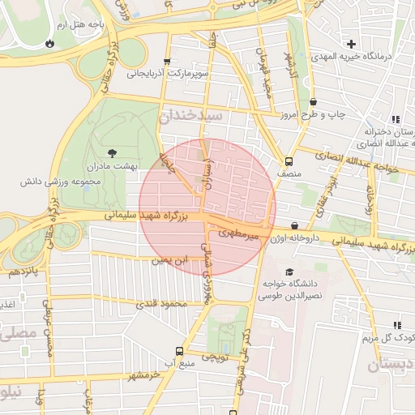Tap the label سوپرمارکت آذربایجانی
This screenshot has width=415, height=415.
tap(167, 74)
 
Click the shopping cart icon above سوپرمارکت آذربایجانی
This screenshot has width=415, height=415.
tap(167, 61)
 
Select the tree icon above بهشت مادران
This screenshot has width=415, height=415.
tap(111, 152)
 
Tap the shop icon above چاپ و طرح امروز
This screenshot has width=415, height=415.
tap(313, 102)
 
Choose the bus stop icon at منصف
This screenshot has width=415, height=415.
tap(289, 160)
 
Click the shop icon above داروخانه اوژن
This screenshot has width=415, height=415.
tap(293, 226)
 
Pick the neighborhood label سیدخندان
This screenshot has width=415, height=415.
tap(191, 117)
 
